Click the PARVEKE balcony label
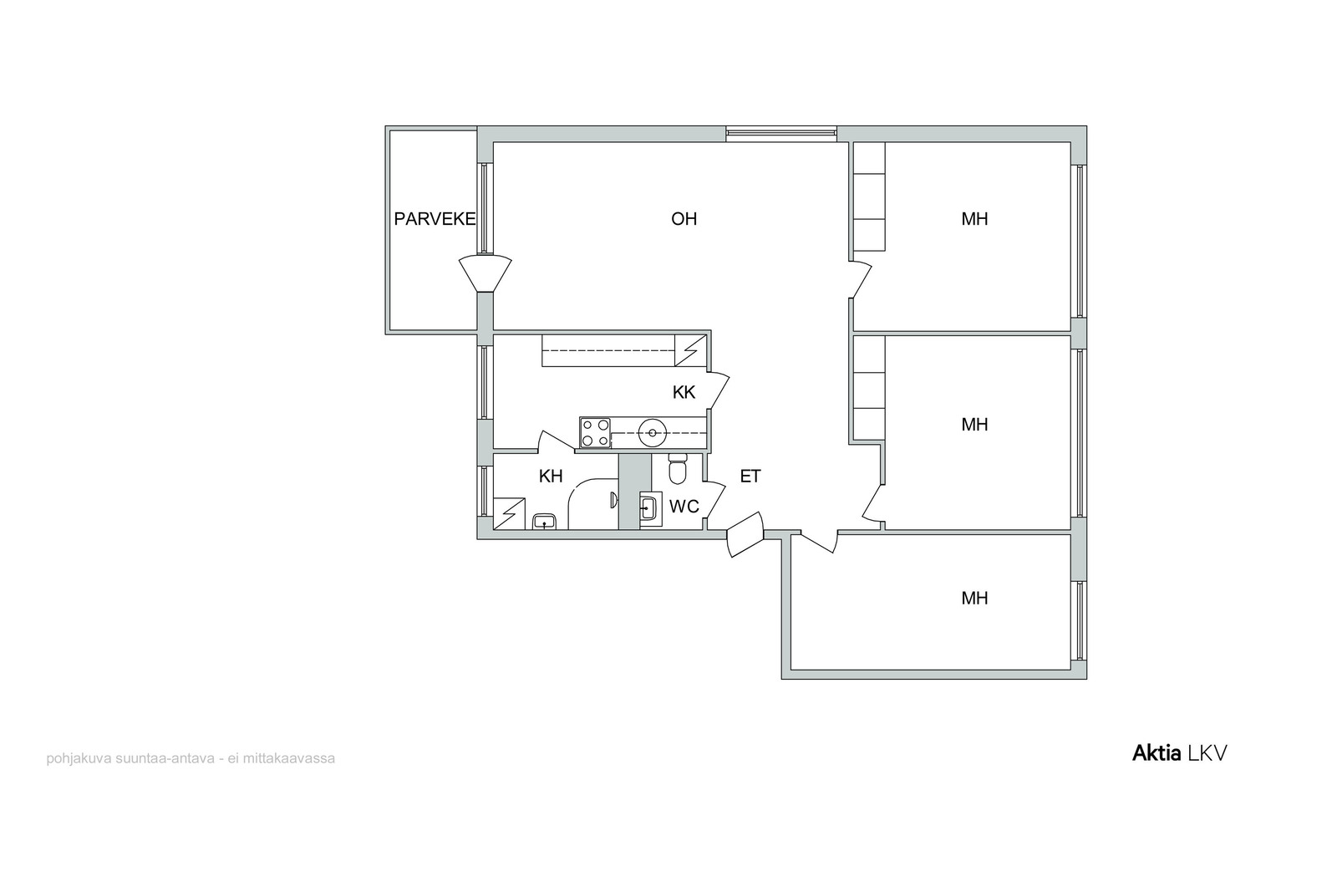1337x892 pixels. [x=435, y=219]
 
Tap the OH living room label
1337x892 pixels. [x=684, y=219]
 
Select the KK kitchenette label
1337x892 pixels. [x=684, y=392]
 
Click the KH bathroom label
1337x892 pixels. [x=551, y=476]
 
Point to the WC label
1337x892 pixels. [x=684, y=507]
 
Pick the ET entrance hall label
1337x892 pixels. [x=750, y=476]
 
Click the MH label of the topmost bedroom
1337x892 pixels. [x=974, y=219]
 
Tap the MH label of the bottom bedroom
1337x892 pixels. [x=974, y=598]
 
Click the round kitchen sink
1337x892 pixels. [x=653, y=433]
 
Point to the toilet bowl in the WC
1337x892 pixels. [x=678, y=469]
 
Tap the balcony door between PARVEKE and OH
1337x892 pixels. [x=485, y=274]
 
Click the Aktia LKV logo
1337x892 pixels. [x=1179, y=753]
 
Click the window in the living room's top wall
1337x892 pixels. [x=781, y=134]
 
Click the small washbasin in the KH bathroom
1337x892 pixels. [x=544, y=522]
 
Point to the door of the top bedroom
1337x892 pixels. [x=860, y=279]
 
